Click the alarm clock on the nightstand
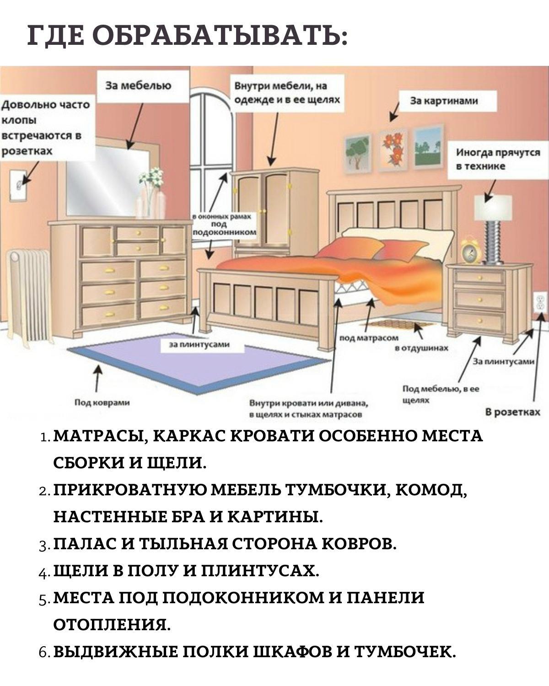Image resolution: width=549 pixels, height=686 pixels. [x=470, y=251]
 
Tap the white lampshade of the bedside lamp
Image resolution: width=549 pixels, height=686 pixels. [x=494, y=207]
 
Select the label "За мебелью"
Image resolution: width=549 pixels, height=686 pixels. [x=138, y=86]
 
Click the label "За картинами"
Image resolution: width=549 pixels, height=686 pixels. [x=444, y=101]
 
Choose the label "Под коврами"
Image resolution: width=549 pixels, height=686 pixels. [x=102, y=402]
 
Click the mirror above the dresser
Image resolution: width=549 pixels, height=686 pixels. [x=108, y=178]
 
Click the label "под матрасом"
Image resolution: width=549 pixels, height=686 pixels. [x=369, y=338]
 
